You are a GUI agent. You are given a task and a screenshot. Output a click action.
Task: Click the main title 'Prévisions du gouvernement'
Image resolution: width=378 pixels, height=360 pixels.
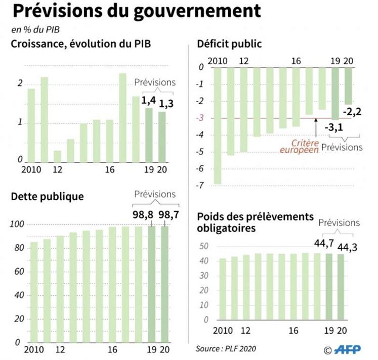pyautogui.click(x=136, y=11)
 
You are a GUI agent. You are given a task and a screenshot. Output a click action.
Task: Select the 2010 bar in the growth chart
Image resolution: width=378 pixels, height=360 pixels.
pyautogui.click(x=31, y=125)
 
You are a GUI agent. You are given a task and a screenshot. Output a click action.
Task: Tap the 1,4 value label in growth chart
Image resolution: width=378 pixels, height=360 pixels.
pyautogui.click(x=149, y=101)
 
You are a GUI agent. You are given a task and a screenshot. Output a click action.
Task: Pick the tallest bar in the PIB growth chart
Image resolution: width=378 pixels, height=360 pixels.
pyautogui.click(x=122, y=118)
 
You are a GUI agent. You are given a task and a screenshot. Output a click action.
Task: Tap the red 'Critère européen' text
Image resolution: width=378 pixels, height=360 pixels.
pyautogui.click(x=299, y=146)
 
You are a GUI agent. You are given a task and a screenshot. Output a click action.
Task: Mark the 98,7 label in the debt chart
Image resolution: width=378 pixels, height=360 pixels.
pyautogui.click(x=170, y=214)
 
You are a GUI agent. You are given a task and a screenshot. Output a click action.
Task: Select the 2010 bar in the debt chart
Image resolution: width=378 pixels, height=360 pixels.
pyautogui.click(x=34, y=292)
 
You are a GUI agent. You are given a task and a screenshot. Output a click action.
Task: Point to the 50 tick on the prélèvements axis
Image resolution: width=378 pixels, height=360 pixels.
pyautogui.click(x=204, y=246)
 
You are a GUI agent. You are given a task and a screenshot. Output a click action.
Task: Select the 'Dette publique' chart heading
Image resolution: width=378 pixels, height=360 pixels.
pyautogui.click(x=47, y=196)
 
